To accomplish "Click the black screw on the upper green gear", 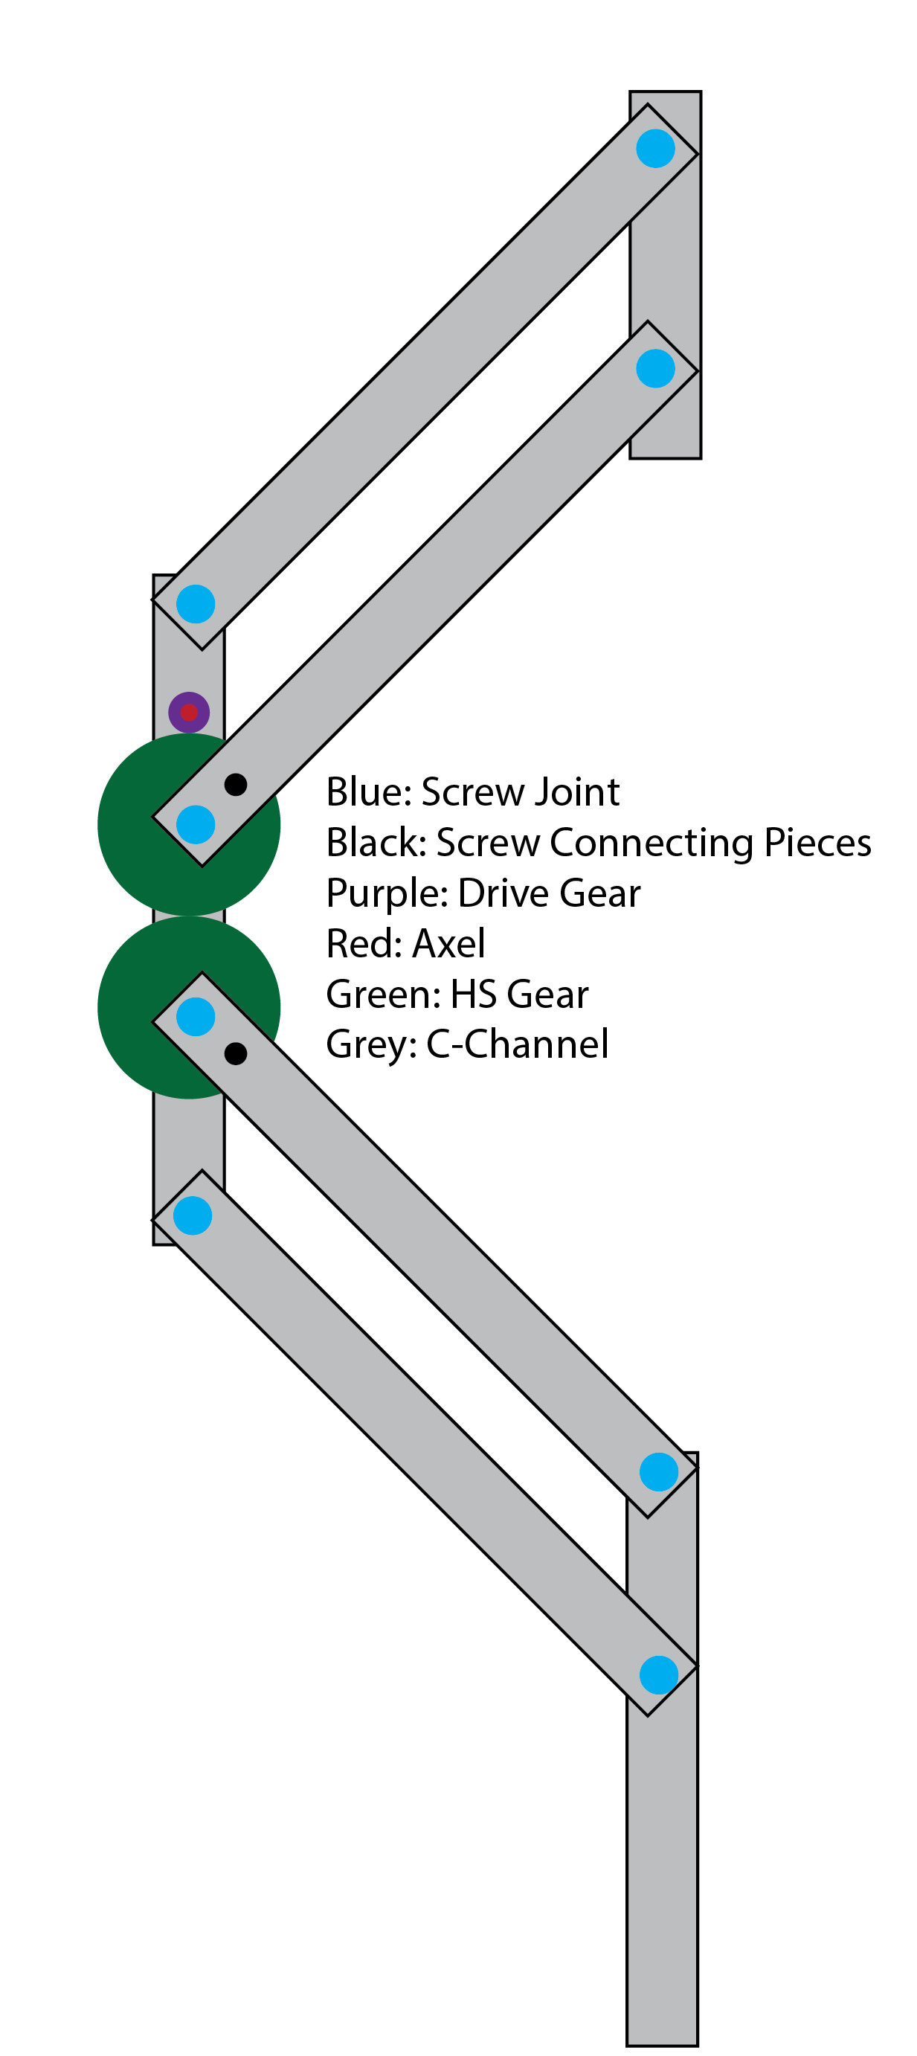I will click(236, 785).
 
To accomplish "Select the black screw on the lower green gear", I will click(236, 1053).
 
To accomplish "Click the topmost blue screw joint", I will click(655, 149).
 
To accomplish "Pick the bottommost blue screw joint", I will click(658, 1674).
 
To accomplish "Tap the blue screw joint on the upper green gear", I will click(196, 824).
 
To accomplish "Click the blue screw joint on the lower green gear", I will click(196, 1017).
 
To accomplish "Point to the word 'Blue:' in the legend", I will click(369, 791).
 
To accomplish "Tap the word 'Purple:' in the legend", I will click(386, 893).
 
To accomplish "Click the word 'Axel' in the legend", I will click(448, 943).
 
